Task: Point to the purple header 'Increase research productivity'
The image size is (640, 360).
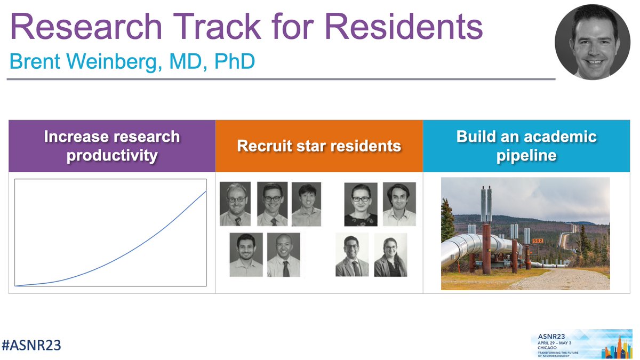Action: tap(112, 146)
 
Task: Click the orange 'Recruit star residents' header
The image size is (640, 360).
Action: tap(319, 146)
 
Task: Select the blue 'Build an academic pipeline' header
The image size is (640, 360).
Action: tap(526, 146)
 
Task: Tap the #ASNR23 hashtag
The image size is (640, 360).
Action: tap(31, 345)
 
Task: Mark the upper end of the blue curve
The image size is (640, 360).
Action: tap(206, 191)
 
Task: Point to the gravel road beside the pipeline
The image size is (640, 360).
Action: tap(555, 277)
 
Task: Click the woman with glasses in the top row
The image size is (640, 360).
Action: tap(361, 204)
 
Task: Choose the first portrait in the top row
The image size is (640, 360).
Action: tap(235, 204)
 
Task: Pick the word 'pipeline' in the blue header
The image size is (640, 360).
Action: tap(526, 155)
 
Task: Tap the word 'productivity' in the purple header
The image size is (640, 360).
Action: tap(112, 155)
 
